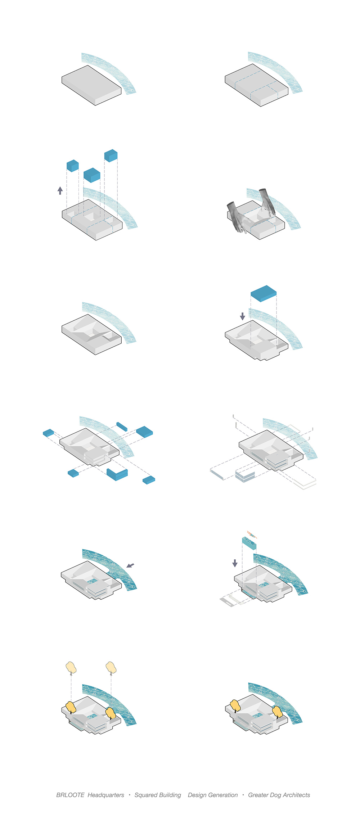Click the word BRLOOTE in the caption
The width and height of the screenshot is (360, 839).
pos(70,795)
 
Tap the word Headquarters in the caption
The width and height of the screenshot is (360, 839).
pos(106,795)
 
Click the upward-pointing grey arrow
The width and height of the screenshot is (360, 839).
pos(60,190)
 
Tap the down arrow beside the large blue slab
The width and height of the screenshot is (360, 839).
pos(243,316)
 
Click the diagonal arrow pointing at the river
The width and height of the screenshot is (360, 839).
pos(130,565)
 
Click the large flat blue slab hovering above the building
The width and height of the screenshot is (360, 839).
pos(264,293)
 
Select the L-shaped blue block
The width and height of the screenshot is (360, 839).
pos(117,474)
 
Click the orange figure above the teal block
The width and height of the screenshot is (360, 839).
pos(252,534)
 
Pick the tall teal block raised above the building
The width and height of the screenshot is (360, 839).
pos(249,543)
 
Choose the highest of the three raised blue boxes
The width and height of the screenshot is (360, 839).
pos(111,155)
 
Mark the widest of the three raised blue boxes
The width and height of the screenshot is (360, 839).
pos(92,175)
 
